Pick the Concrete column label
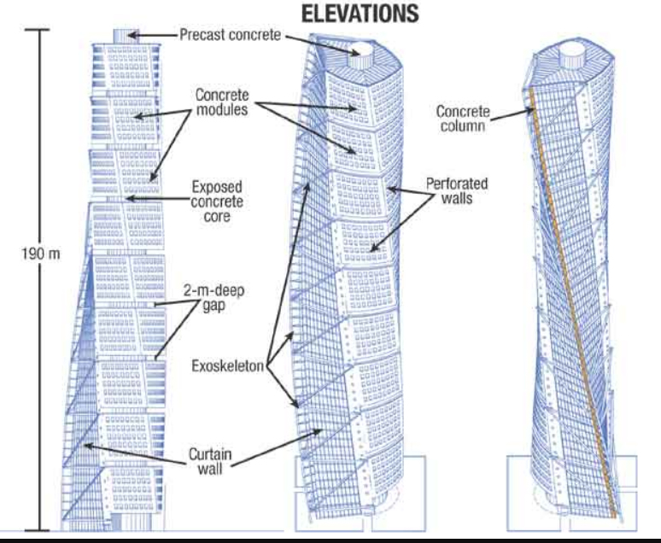462,118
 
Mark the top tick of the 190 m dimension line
36,29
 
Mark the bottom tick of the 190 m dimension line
36,529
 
